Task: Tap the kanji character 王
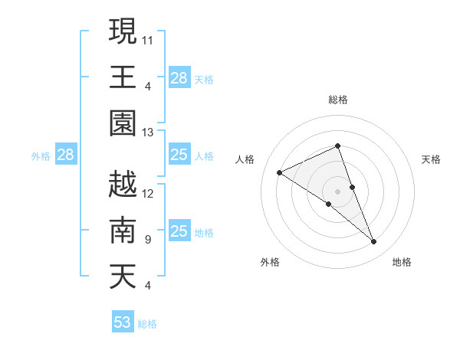(123, 77)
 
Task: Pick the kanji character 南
(123, 231)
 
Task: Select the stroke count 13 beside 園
(148, 133)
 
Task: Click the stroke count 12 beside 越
(148, 193)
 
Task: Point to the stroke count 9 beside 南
(147, 240)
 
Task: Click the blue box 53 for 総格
(123, 322)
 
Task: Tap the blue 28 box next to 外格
(65, 155)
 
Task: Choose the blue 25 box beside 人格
(179, 155)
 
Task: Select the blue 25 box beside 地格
(179, 231)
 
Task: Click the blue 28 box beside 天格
(179, 77)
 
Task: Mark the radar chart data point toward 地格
(374, 242)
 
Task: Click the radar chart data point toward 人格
(279, 172)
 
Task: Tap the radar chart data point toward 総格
(337, 146)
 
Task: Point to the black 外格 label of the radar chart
(270, 262)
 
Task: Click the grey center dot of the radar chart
(337, 191)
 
